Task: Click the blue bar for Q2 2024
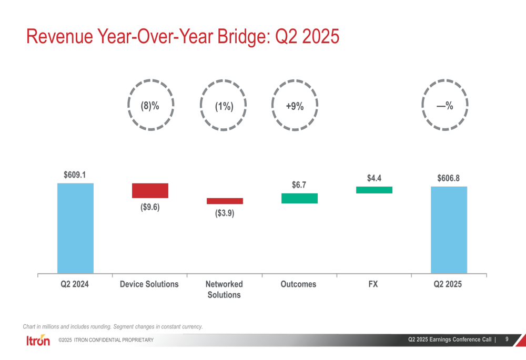[75, 228]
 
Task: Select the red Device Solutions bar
[150, 190]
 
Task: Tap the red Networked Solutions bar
[225, 201]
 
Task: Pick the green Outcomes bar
[299, 198]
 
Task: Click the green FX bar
[374, 190]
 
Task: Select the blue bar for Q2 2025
[449, 230]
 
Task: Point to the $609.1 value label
[75, 174]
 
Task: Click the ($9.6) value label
[150, 207]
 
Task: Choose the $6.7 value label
[299, 184]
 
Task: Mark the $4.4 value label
[374, 178]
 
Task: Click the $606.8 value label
[448, 178]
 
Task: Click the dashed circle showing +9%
[295, 106]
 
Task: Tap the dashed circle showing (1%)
[224, 106]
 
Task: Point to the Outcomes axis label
[298, 284]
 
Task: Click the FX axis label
[373, 284]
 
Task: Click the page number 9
[507, 340]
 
